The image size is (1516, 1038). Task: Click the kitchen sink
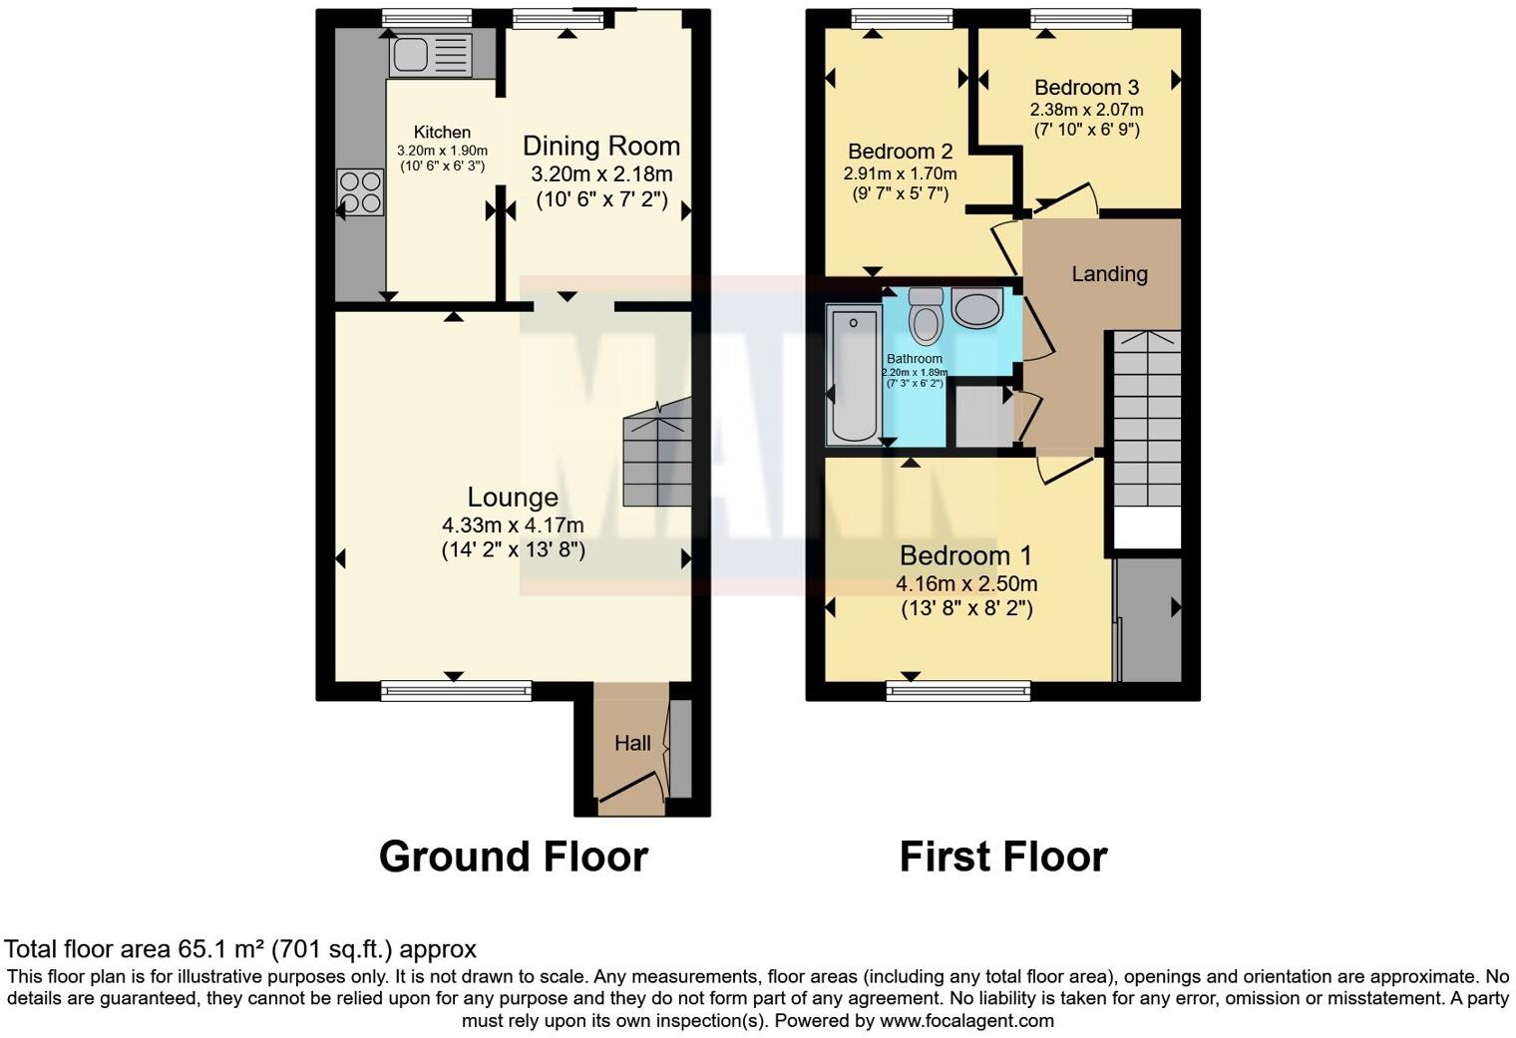[x=430, y=54]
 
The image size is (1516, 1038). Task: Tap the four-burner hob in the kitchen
[x=360, y=192]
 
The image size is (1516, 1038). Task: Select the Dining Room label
[x=601, y=147]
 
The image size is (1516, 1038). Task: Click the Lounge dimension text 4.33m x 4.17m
[x=513, y=524]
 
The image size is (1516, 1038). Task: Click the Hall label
[x=632, y=743]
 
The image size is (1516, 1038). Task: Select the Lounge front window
[x=456, y=690]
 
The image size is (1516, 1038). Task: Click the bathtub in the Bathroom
[x=854, y=377]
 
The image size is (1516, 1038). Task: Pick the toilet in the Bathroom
[x=928, y=314]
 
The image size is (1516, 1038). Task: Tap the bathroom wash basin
[x=977, y=308]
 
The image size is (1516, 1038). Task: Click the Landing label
[x=1109, y=274]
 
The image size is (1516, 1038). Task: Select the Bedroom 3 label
[x=1086, y=88]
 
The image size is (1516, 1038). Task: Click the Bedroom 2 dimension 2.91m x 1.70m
[x=900, y=173]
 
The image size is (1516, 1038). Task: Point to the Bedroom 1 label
[x=965, y=555]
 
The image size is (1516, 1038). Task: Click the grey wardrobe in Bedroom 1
[x=1149, y=618]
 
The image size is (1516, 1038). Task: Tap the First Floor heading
[x=1002, y=857]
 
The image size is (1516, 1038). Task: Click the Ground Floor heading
[x=513, y=857]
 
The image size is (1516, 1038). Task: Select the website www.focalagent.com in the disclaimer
[x=965, y=1021]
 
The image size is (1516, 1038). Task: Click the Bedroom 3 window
[x=1081, y=18]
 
